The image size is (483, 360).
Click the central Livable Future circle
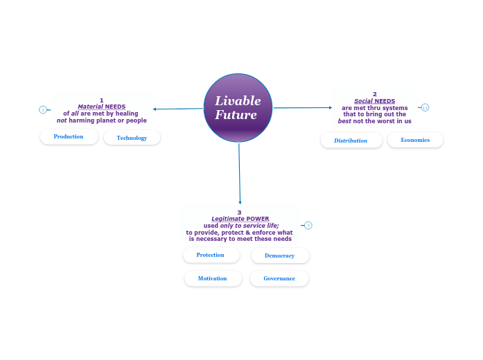238,107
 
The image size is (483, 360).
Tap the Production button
69,136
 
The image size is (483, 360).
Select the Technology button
132,138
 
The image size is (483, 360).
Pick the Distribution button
351,141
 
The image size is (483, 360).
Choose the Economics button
415,140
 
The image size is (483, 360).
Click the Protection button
211,255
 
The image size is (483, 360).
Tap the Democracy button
279,255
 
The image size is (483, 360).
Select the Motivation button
213,278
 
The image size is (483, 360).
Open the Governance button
279,278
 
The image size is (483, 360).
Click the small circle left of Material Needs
43,109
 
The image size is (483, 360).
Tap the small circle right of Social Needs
425,107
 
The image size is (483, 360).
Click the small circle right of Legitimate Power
308,225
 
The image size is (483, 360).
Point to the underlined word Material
90,107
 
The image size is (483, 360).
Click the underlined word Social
363,101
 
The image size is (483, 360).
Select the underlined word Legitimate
228,219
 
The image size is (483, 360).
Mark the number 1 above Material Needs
101,100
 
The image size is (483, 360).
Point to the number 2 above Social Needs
374,94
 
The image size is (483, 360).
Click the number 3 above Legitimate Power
239,213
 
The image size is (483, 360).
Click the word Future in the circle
236,115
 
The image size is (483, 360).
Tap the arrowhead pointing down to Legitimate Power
240,202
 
